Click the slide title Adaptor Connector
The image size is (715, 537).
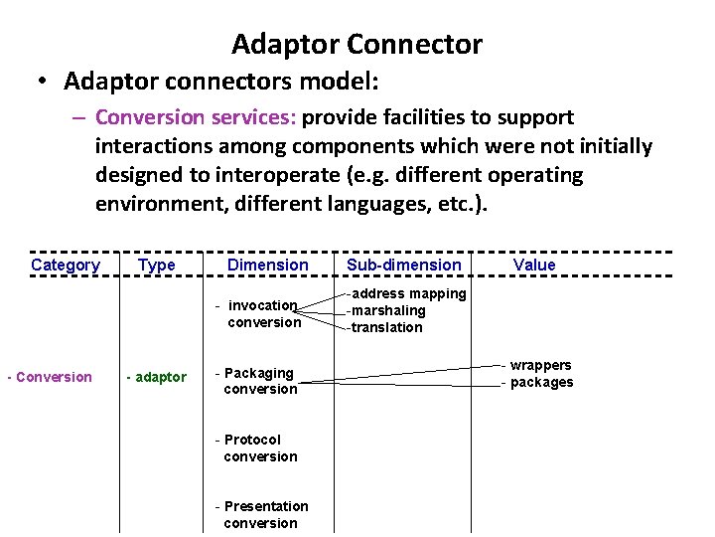357,45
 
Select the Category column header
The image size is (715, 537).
66,265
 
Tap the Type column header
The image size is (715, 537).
157,265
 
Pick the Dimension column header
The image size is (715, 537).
267,265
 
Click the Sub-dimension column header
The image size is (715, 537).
403,265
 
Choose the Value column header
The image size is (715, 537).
534,265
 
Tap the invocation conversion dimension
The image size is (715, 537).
261,313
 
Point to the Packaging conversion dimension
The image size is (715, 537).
258,381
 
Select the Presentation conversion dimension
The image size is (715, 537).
262,514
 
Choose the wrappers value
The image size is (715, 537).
539,365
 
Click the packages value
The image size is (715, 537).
540,383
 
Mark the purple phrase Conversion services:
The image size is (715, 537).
196,117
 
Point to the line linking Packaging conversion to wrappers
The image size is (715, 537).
397,371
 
